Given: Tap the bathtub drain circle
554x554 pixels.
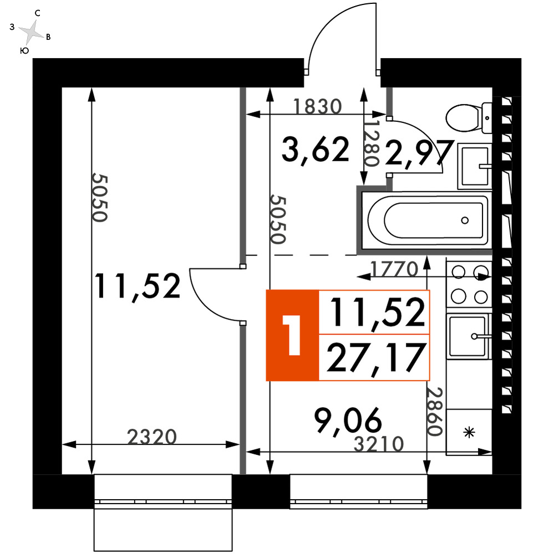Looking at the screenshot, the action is point(465,220).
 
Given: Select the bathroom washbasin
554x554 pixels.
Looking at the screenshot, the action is point(475,166).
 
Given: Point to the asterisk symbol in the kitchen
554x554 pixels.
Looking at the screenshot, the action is point(469,432).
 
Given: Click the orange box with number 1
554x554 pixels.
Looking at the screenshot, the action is point(292,335).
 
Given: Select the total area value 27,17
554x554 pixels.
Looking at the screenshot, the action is point(375,357).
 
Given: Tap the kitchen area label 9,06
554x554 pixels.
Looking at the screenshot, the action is point(348,420).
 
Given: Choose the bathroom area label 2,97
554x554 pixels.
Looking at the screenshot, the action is point(419,153).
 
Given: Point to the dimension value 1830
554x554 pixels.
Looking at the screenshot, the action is point(318,106).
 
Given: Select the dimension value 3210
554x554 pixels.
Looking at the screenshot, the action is point(379,444).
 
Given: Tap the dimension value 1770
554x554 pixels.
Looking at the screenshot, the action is point(394,269).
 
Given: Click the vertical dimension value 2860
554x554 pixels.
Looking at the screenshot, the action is point(435,411).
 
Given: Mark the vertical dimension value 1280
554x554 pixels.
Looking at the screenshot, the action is point(372,144).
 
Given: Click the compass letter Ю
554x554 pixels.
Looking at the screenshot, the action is point(24,51).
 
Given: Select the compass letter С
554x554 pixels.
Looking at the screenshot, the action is point(38,13).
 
